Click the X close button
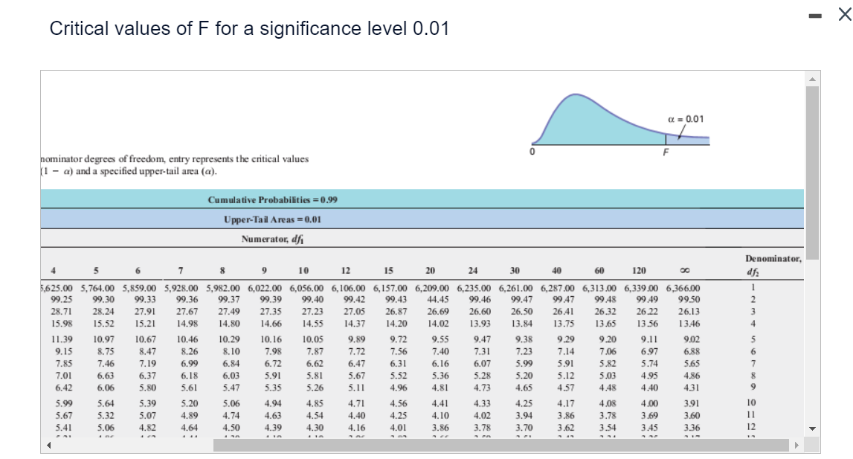pos(843,13)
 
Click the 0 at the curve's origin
pos(532,151)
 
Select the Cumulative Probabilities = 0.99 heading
pos(274,200)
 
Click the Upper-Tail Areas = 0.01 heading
pos(272,219)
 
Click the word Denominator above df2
pos(773,259)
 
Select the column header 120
pos(638,271)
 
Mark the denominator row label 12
pos(753,428)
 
